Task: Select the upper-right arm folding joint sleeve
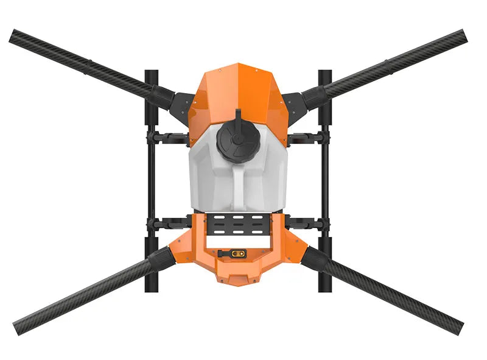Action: pyautogui.click(x=315, y=94)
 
